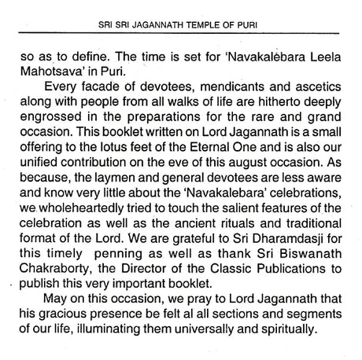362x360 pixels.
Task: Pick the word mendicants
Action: [x=231, y=86]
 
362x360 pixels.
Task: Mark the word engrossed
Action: [x=48, y=115]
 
